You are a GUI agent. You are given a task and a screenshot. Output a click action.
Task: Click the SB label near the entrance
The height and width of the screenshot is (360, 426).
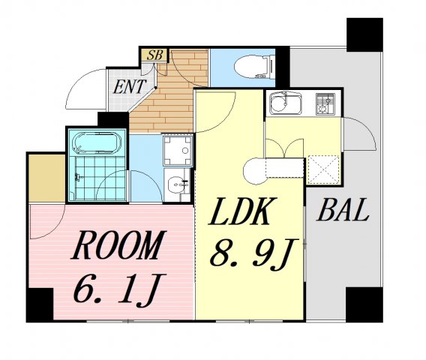tap(154, 54)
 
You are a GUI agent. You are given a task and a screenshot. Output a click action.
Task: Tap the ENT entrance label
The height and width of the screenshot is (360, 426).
tap(129, 86)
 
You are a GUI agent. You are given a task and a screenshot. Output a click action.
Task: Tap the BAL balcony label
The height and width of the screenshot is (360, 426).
tap(343, 211)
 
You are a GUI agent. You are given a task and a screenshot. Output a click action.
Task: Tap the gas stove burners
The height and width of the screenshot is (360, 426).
tap(325, 103)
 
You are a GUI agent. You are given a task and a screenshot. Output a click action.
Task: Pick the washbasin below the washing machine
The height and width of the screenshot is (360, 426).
tap(178, 183)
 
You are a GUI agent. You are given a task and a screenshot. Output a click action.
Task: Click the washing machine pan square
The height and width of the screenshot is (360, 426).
tap(178, 149)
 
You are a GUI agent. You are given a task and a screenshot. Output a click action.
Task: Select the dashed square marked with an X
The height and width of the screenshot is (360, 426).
tap(323, 167)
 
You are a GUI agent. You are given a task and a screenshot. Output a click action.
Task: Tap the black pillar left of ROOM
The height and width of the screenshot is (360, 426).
tap(39, 304)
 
